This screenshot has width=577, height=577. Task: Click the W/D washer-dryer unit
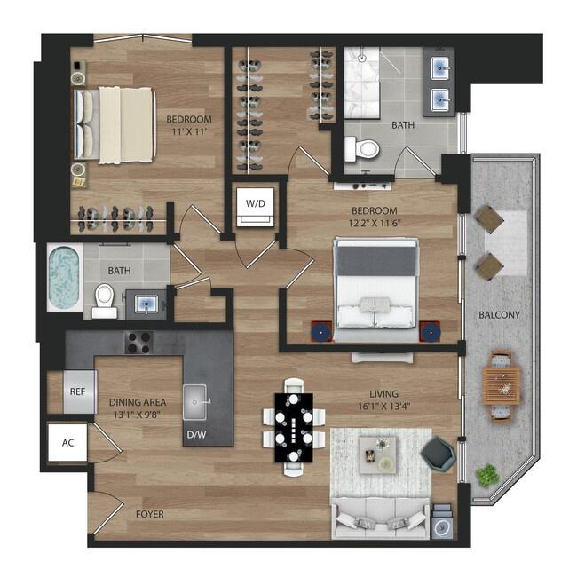click(x=256, y=207)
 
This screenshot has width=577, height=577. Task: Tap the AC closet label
click(x=68, y=443)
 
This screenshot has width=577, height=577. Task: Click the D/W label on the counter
click(x=196, y=435)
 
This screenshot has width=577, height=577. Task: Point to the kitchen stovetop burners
click(x=139, y=343)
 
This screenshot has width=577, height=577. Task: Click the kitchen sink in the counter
click(x=195, y=402)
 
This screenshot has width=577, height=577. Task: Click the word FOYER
click(x=150, y=514)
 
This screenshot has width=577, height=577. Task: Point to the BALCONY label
click(x=500, y=315)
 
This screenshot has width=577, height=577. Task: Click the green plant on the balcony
click(x=487, y=476)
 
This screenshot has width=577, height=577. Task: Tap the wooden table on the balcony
click(x=502, y=386)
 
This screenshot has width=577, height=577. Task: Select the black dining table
click(x=294, y=428)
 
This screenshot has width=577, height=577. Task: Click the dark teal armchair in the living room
click(x=438, y=454)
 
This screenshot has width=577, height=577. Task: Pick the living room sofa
click(x=381, y=518)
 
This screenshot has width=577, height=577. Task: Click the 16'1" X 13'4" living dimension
click(x=384, y=407)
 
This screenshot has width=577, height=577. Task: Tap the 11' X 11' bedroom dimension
click(x=189, y=131)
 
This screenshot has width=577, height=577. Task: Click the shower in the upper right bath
click(x=361, y=83)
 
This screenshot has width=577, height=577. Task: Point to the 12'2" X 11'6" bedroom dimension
click(x=375, y=223)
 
